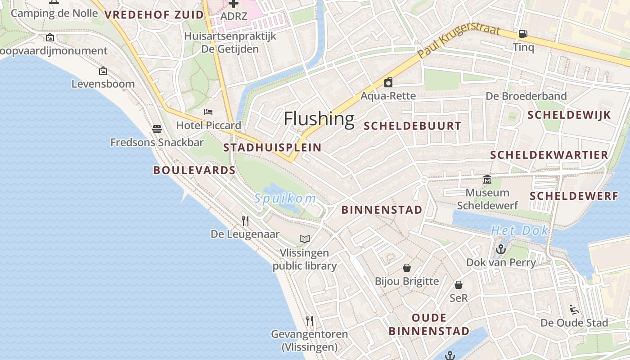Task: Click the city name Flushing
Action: pos(319,119)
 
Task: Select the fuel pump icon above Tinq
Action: pos(523,33)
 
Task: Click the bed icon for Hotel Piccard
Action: pos(208,112)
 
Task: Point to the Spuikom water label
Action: pos(285,198)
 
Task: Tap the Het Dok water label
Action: pos(519,231)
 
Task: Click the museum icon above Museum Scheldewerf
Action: pos(487,180)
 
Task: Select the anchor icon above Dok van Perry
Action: pos(500,249)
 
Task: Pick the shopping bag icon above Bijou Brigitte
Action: pos(407,268)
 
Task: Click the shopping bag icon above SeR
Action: pos(459,285)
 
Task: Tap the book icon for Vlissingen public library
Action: pos(305,239)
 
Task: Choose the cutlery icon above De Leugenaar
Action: pos(245,220)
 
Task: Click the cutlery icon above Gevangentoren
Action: pos(310,320)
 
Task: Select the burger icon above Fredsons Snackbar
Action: pos(157,129)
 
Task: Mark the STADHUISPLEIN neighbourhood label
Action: pos(272,148)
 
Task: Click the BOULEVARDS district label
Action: pos(194,170)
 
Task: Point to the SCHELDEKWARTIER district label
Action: pos(549,155)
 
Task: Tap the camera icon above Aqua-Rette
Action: pos(388,82)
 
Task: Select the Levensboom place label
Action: pos(103,84)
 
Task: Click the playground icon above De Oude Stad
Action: pos(574,310)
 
